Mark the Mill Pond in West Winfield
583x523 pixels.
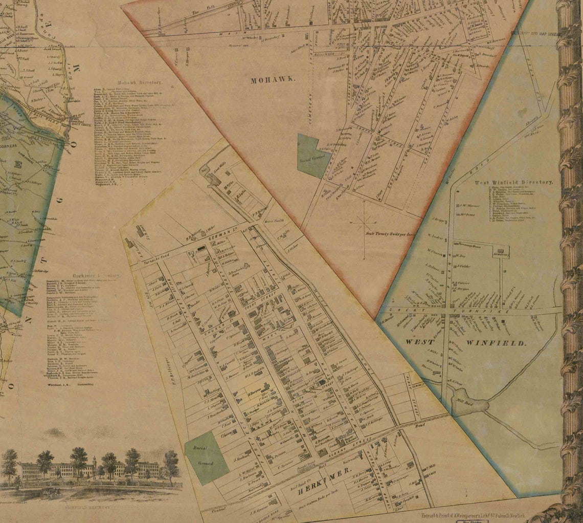point(467,403)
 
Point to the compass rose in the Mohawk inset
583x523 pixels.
point(364,222)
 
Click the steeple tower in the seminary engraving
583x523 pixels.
point(94,466)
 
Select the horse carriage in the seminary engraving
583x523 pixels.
point(50,493)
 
